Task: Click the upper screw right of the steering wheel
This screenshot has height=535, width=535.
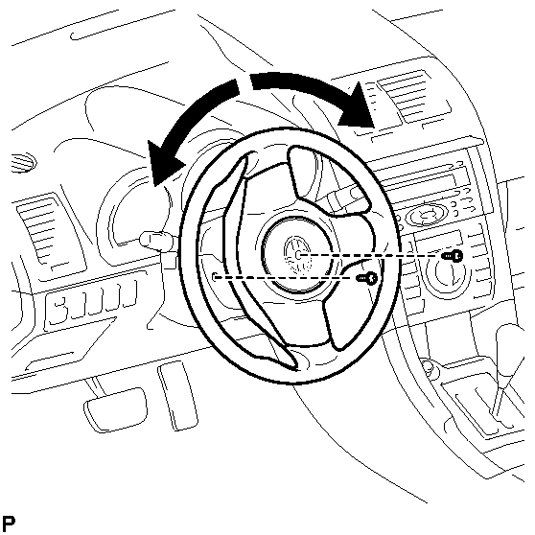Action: tap(453, 256)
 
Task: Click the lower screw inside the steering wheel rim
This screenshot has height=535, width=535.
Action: tap(367, 278)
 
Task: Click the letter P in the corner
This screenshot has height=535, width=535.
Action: tap(9, 523)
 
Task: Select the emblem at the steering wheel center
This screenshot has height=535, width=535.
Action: tap(297, 254)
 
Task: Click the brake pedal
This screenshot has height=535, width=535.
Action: tap(116, 409)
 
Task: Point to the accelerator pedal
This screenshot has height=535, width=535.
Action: tap(177, 396)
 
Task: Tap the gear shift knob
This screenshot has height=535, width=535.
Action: tap(510, 352)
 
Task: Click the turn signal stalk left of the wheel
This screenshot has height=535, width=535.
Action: tap(157, 241)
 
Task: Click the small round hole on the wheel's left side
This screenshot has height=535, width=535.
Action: tap(215, 277)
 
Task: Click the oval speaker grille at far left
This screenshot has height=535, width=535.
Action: tap(23, 163)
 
